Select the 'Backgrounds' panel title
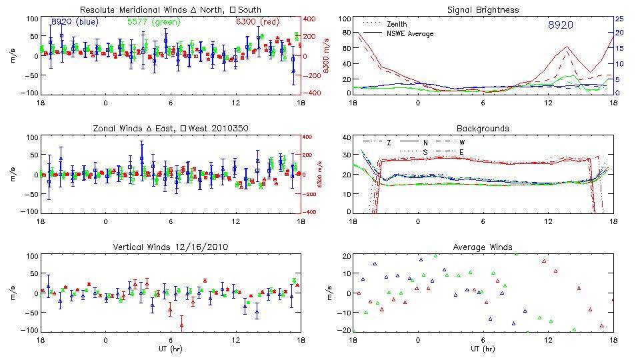point(483,129)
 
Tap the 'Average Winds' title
point(483,247)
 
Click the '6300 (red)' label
point(257,21)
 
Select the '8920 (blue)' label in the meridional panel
point(73,21)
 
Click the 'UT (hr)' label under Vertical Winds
point(170,348)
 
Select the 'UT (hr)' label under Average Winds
point(483,348)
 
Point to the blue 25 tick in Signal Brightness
point(619,19)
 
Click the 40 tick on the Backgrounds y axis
point(345,138)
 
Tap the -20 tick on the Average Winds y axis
point(343,330)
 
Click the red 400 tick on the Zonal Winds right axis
point(312,137)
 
